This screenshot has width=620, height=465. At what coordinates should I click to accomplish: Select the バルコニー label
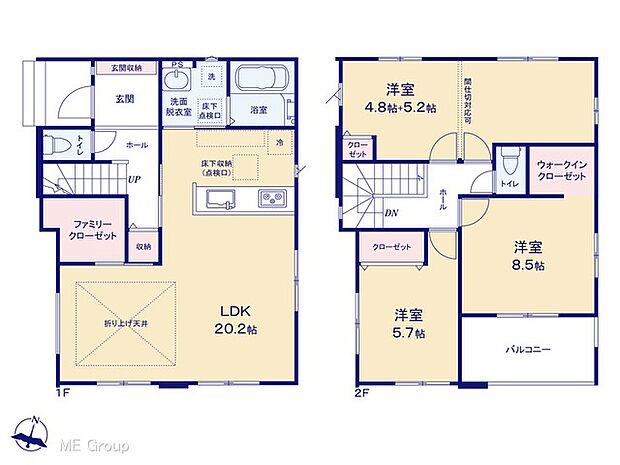[x=528, y=349]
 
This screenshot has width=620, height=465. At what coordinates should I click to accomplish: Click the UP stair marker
[x=133, y=180]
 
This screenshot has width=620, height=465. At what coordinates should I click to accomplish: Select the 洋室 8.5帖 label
[x=529, y=256]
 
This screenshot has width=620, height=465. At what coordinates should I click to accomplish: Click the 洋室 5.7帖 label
[x=407, y=323]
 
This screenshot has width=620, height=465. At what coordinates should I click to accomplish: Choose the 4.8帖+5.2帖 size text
[x=399, y=108]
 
